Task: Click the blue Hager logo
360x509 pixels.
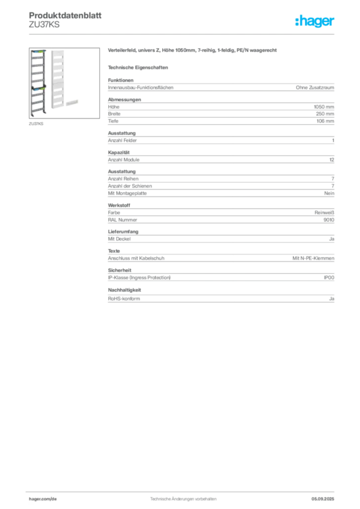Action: (x=316, y=22)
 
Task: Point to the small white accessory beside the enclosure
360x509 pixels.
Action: (x=73, y=101)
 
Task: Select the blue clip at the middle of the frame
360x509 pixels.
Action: (x=33, y=87)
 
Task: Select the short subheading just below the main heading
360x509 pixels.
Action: (x=139, y=67)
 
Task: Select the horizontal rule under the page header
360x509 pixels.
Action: (x=183, y=34)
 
